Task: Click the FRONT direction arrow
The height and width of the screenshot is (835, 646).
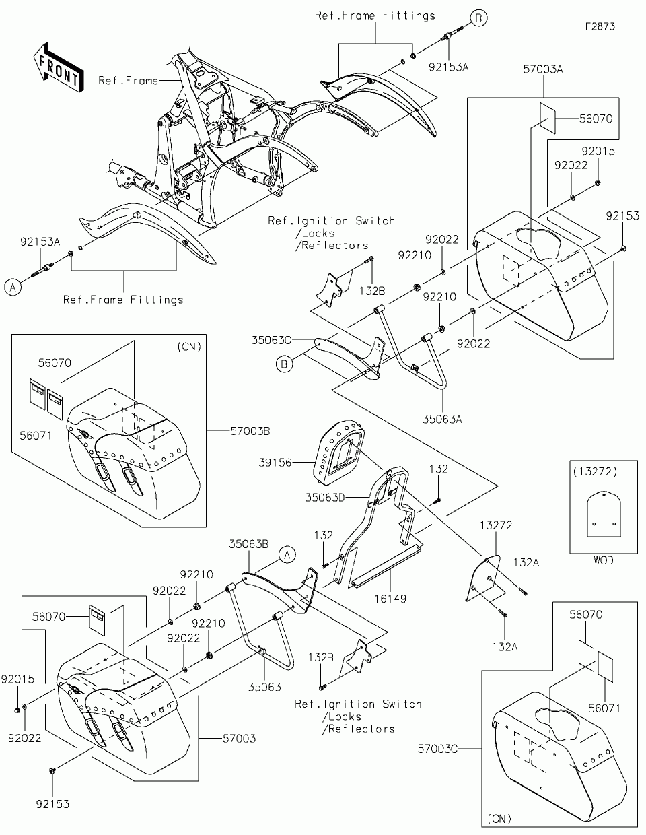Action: coord(58,67)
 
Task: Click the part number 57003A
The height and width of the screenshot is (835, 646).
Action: coord(543,68)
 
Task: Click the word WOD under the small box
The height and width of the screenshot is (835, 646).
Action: coord(604,560)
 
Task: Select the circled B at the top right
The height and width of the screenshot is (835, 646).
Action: coord(478,18)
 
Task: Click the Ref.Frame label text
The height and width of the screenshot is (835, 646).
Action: coord(128,80)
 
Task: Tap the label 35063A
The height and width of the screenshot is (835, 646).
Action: coord(442,418)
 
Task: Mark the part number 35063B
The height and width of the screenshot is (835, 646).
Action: coord(249,542)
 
